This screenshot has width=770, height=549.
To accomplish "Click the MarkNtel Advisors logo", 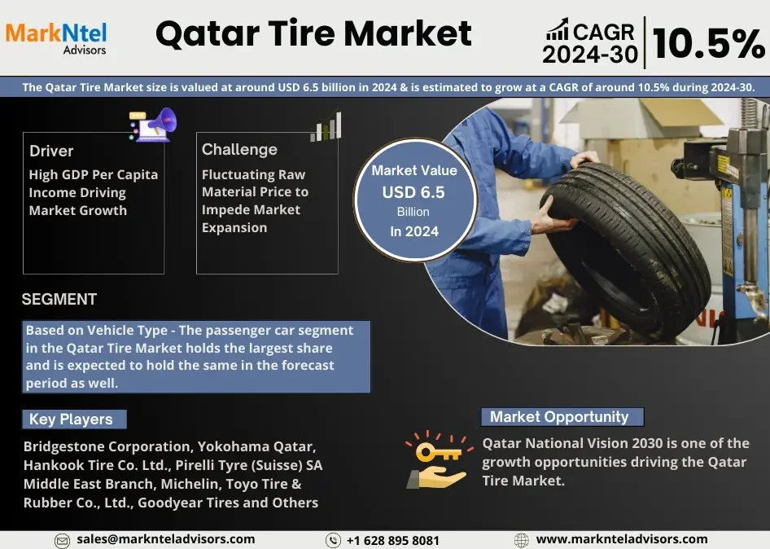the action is click(x=56, y=38).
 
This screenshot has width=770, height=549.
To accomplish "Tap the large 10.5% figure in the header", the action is click(x=708, y=44).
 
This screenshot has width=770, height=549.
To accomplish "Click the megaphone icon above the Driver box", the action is click(x=153, y=125).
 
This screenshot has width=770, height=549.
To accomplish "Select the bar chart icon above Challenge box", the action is click(x=326, y=126).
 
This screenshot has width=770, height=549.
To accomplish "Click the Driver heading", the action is click(x=51, y=151).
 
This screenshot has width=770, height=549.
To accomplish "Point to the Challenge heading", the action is click(x=239, y=149).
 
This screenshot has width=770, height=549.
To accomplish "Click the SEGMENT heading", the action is click(x=59, y=299).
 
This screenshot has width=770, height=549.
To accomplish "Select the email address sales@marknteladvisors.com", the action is click(x=165, y=539).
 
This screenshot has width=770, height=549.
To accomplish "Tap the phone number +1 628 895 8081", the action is click(x=393, y=541).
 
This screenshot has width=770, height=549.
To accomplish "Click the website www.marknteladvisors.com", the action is click(x=622, y=539).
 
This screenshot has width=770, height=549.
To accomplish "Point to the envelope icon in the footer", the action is click(x=62, y=541).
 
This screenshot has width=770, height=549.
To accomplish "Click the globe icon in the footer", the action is click(x=522, y=541).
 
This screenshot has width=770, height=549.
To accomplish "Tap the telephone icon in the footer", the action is click(x=333, y=541).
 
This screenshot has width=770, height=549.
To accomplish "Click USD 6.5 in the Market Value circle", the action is click(x=413, y=192).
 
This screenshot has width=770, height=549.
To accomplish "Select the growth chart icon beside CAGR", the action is click(x=558, y=29).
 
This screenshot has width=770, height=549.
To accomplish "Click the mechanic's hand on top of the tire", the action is click(x=585, y=158).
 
